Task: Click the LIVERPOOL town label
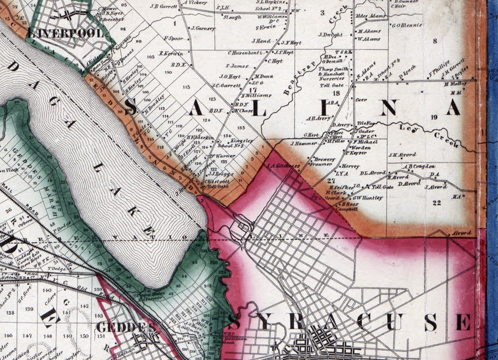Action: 65,34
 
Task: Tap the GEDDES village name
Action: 125,327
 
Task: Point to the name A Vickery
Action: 194,3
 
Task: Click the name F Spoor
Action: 174,39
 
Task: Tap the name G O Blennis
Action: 407,25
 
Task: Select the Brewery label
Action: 325,159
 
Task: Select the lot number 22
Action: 437,203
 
